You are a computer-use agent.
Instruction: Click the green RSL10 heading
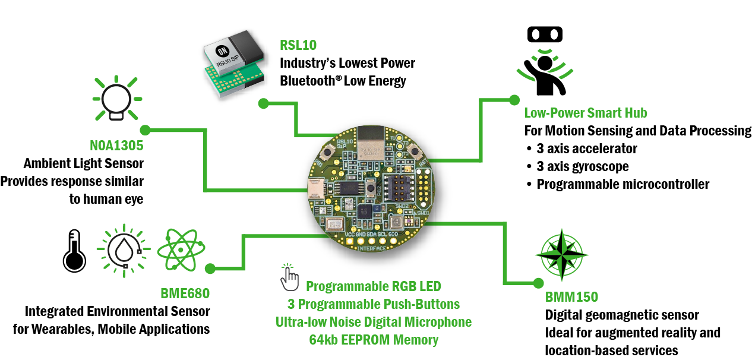(298, 45)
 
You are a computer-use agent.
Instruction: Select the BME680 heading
(185, 293)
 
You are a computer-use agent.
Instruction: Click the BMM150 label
(571, 297)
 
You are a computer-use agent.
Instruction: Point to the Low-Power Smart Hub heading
(586, 113)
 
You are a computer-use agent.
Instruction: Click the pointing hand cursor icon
(289, 276)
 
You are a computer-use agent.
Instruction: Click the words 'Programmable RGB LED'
(374, 286)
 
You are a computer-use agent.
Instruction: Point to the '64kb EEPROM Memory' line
(374, 340)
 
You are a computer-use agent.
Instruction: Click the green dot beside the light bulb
(145, 129)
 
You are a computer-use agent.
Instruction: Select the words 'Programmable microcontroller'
(623, 184)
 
